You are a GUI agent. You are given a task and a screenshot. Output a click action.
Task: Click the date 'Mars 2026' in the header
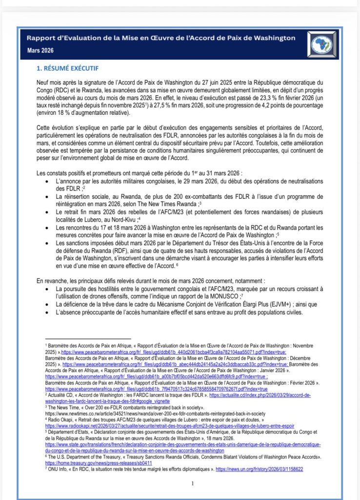pos(40,51)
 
